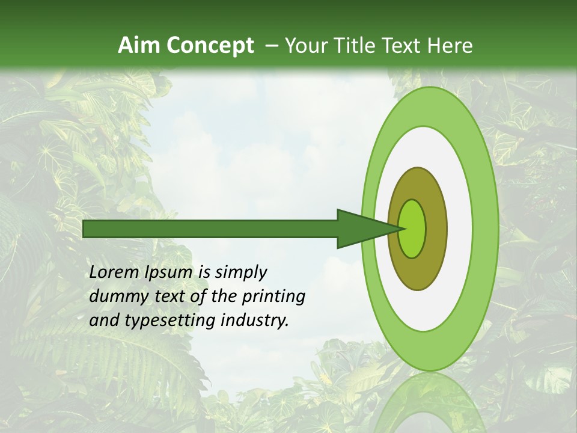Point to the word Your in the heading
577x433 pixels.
(307, 46)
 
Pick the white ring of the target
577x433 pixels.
(460, 229)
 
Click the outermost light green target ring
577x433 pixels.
(487, 229)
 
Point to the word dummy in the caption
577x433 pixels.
(113, 296)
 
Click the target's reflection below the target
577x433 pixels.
(430, 403)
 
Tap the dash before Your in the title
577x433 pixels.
(272, 46)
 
